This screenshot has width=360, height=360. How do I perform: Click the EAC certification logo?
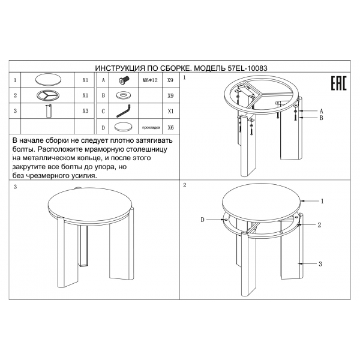pos(338,83)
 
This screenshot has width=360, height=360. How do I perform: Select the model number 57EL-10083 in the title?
pos(247,68)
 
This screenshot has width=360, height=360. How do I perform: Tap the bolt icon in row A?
pos(124,80)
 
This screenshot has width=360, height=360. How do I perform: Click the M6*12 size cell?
pos(150,80)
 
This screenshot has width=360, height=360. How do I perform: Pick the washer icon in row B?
pos(124,95)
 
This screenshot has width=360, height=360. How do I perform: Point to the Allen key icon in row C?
pos(123,111)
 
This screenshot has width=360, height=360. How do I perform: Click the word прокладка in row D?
pos(151,127)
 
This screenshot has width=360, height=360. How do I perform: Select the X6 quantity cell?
pos(170,127)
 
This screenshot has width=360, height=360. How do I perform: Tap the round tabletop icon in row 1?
pos(49,80)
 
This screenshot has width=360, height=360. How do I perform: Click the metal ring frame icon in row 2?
pos(48,95)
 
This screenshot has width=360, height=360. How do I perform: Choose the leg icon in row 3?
pos(49,111)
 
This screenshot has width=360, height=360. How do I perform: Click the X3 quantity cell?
pos(85,111)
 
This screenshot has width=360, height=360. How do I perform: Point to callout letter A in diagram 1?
pos(321,111)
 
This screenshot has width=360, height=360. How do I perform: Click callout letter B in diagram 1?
pos(321,118)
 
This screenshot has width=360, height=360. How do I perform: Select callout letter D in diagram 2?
pos(202,220)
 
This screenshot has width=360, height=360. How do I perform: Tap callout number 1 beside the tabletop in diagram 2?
pos(322,201)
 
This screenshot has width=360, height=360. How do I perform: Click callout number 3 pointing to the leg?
pos(320,264)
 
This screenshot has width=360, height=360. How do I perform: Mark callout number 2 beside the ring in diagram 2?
pos(319,225)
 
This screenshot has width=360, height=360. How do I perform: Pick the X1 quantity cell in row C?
pos(170,111)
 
